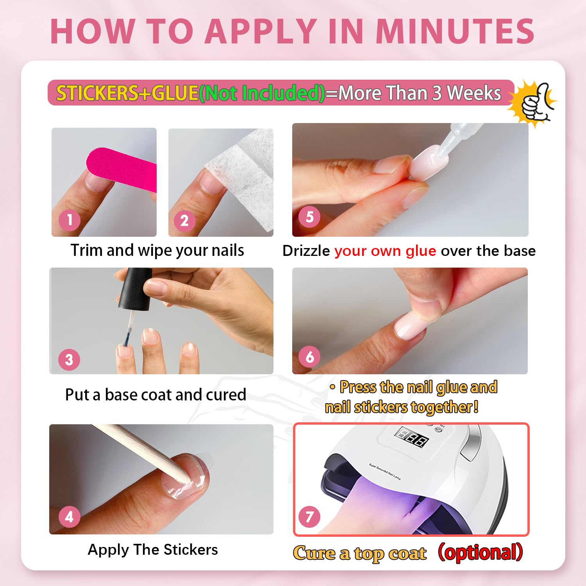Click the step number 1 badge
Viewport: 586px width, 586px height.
(70, 220)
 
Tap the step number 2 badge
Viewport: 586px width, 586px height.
(184, 221)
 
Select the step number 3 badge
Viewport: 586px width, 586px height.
(69, 359)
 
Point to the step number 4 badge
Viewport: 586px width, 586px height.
(69, 516)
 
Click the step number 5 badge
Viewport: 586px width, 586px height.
(309, 217)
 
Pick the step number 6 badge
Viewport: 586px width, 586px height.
(309, 356)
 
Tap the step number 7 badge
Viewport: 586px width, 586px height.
(309, 516)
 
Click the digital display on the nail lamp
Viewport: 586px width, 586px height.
(411, 437)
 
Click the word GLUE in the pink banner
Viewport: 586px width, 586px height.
(175, 93)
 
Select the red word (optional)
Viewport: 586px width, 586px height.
(481, 552)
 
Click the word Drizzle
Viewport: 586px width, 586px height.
(306, 251)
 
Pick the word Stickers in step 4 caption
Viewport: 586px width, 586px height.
(191, 550)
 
